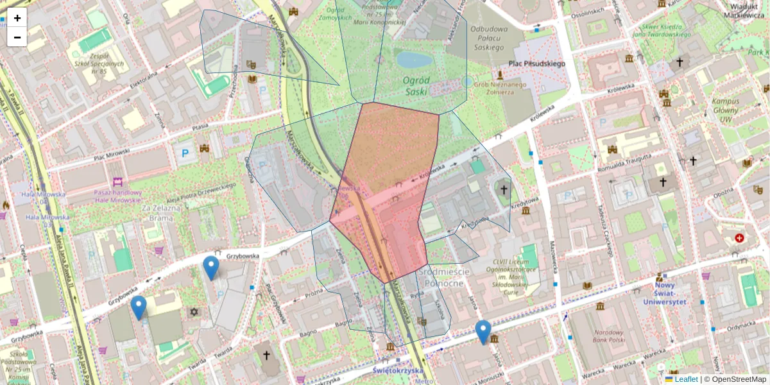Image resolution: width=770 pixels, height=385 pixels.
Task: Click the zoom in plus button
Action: click(17, 18)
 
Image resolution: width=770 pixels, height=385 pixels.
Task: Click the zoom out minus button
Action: click(17, 37)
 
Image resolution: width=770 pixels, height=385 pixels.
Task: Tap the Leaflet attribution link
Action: click(686, 379)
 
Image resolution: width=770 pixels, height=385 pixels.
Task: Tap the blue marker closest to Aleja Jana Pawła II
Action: click(138, 307)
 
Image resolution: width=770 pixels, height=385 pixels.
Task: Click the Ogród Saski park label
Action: click(416, 81)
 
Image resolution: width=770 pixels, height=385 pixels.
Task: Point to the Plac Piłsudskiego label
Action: click(536, 64)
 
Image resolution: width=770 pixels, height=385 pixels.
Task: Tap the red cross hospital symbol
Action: click(740, 238)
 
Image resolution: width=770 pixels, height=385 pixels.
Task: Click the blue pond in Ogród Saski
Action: click(415, 60)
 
